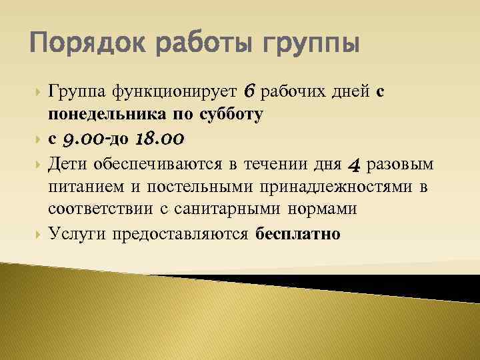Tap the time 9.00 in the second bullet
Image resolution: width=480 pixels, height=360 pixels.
[82, 139]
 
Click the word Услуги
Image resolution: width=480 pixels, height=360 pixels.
[77, 234]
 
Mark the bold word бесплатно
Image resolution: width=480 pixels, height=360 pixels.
[297, 234]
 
